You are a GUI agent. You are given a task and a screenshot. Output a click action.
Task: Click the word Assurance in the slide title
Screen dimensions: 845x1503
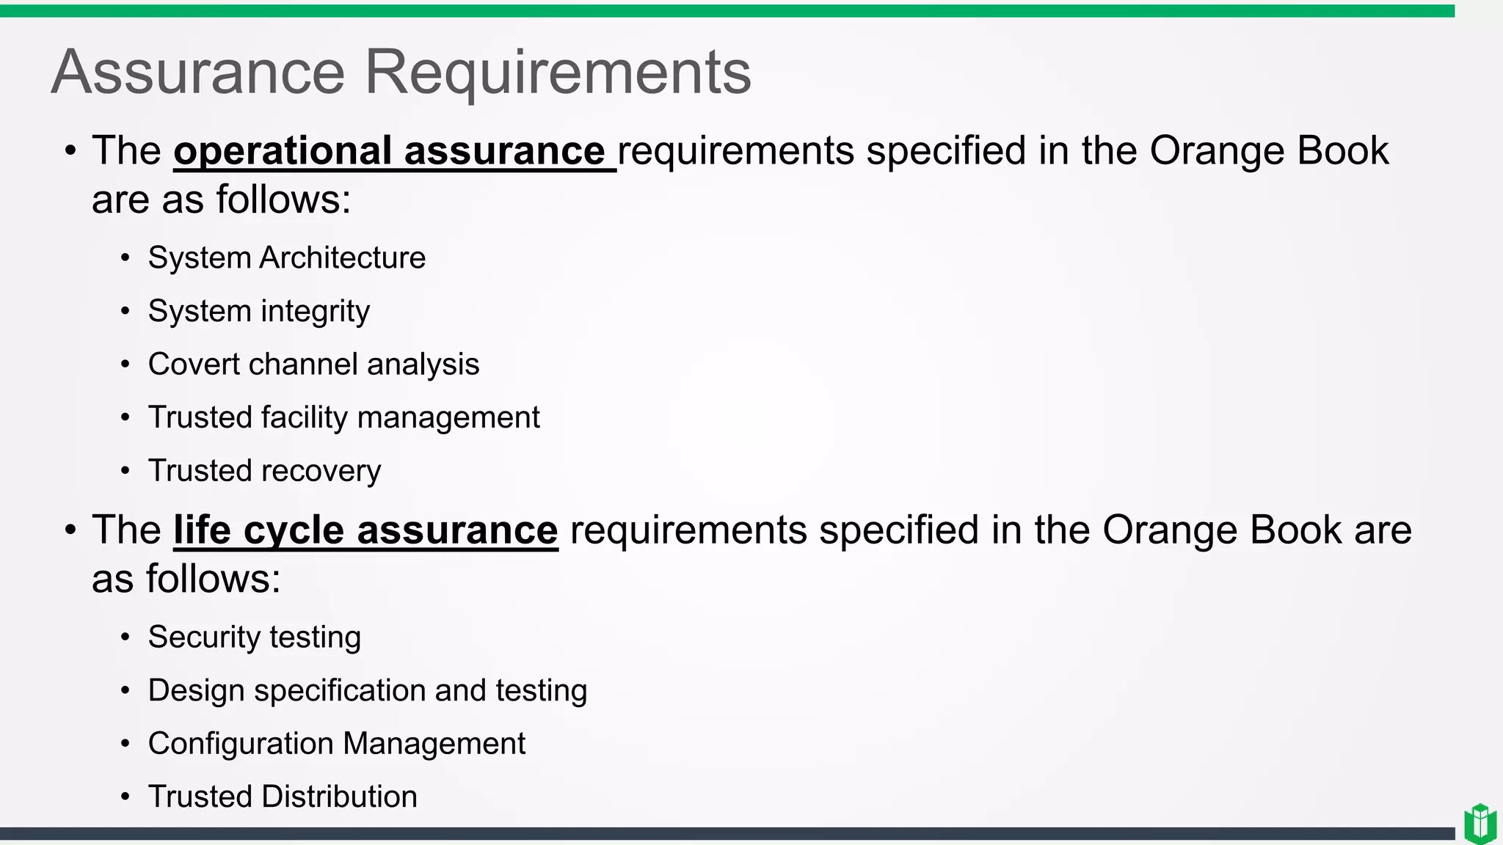point(198,72)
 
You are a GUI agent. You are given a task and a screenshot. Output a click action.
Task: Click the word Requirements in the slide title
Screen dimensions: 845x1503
point(558,72)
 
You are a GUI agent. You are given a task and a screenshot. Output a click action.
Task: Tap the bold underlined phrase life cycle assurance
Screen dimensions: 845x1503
point(365,530)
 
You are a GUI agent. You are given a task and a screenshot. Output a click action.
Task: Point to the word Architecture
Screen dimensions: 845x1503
point(342,258)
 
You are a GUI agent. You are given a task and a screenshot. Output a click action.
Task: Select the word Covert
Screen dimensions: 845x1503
point(194,365)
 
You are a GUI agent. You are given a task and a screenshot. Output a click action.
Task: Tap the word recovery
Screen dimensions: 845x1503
point(321,471)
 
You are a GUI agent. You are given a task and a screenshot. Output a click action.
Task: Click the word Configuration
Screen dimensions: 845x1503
point(241,744)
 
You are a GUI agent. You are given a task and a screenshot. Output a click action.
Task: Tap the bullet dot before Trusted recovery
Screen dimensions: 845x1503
point(125,471)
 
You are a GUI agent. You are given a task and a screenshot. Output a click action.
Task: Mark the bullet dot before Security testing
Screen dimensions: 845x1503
point(125,637)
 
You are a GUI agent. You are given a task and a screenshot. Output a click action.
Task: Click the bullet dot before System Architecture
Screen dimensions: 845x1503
point(125,258)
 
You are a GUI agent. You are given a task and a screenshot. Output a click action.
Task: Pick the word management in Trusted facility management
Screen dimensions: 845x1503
point(448,417)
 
